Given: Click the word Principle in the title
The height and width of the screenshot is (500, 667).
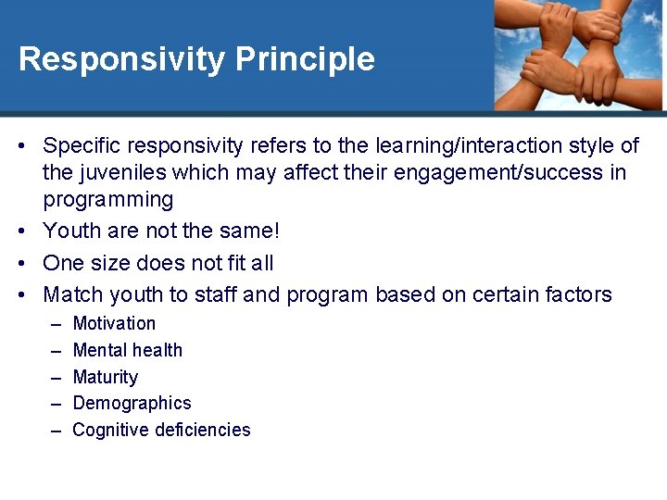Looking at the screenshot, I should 305,59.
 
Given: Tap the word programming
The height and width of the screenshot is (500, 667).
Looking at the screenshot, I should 108,200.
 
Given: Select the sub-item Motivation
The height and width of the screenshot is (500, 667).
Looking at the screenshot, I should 114,323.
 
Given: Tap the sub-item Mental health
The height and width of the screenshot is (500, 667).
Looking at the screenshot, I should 127,350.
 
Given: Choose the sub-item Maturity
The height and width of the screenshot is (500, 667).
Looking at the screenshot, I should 105,377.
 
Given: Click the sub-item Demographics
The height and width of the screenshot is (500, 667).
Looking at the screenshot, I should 132,403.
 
